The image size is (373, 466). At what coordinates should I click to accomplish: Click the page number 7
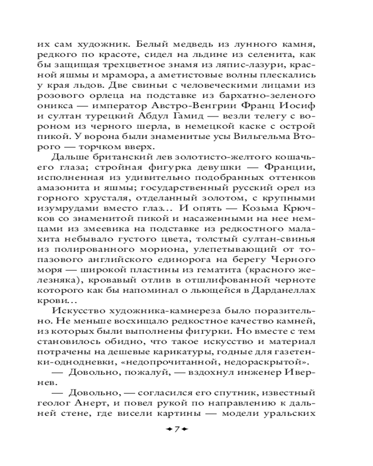tap(177, 429)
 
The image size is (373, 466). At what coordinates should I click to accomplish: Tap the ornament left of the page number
tap(166, 429)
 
